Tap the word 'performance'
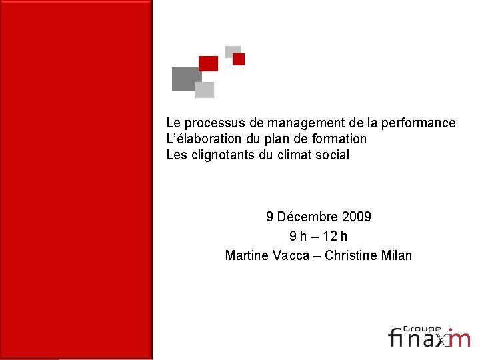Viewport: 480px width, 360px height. [415, 123]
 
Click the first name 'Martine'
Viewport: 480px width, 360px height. [247, 255]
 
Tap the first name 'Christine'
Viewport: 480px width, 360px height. [355, 255]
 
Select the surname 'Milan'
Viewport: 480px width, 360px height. [397, 255]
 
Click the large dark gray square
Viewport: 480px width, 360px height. [186, 79]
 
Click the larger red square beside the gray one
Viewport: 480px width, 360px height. [209, 63]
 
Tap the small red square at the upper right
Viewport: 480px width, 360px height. [239, 59]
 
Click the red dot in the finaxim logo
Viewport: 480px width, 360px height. [449, 329]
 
